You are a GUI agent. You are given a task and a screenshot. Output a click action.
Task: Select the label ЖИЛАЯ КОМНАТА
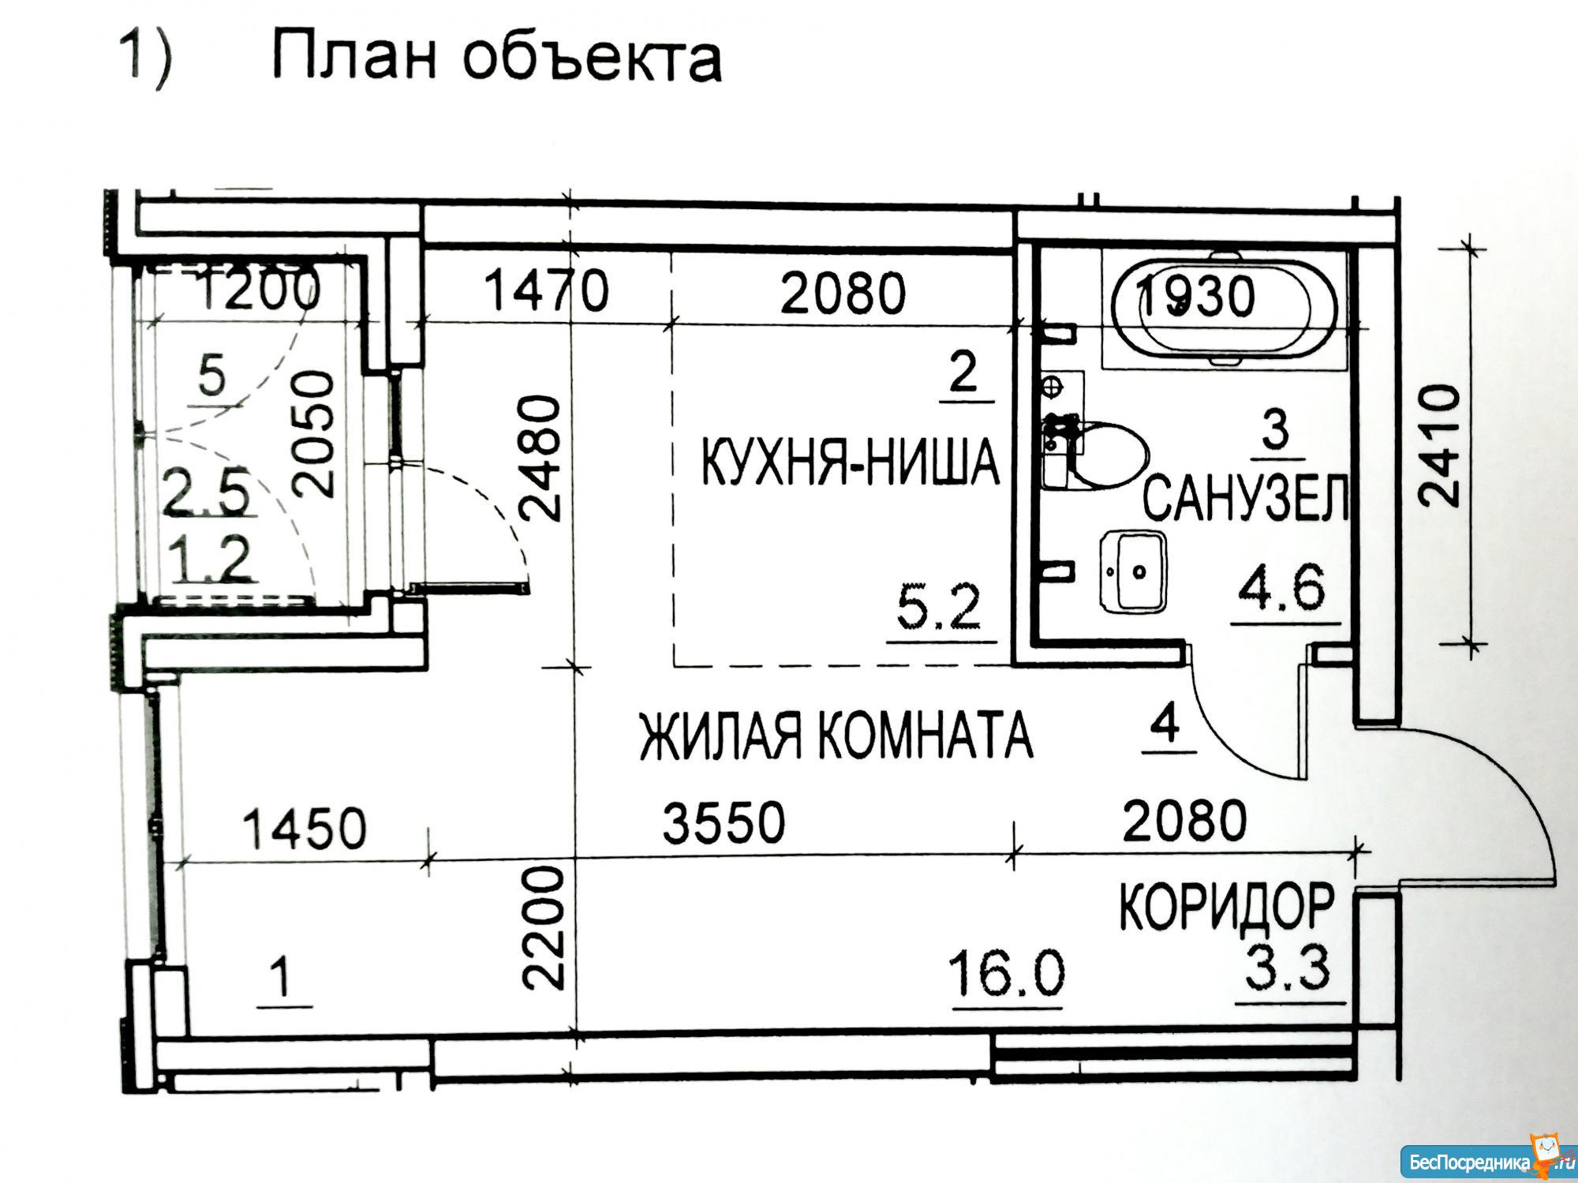(835, 735)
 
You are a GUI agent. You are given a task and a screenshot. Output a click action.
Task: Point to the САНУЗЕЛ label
(1246, 497)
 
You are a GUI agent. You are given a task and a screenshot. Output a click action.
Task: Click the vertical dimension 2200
(544, 928)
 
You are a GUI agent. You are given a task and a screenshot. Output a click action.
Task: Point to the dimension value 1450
(305, 828)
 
